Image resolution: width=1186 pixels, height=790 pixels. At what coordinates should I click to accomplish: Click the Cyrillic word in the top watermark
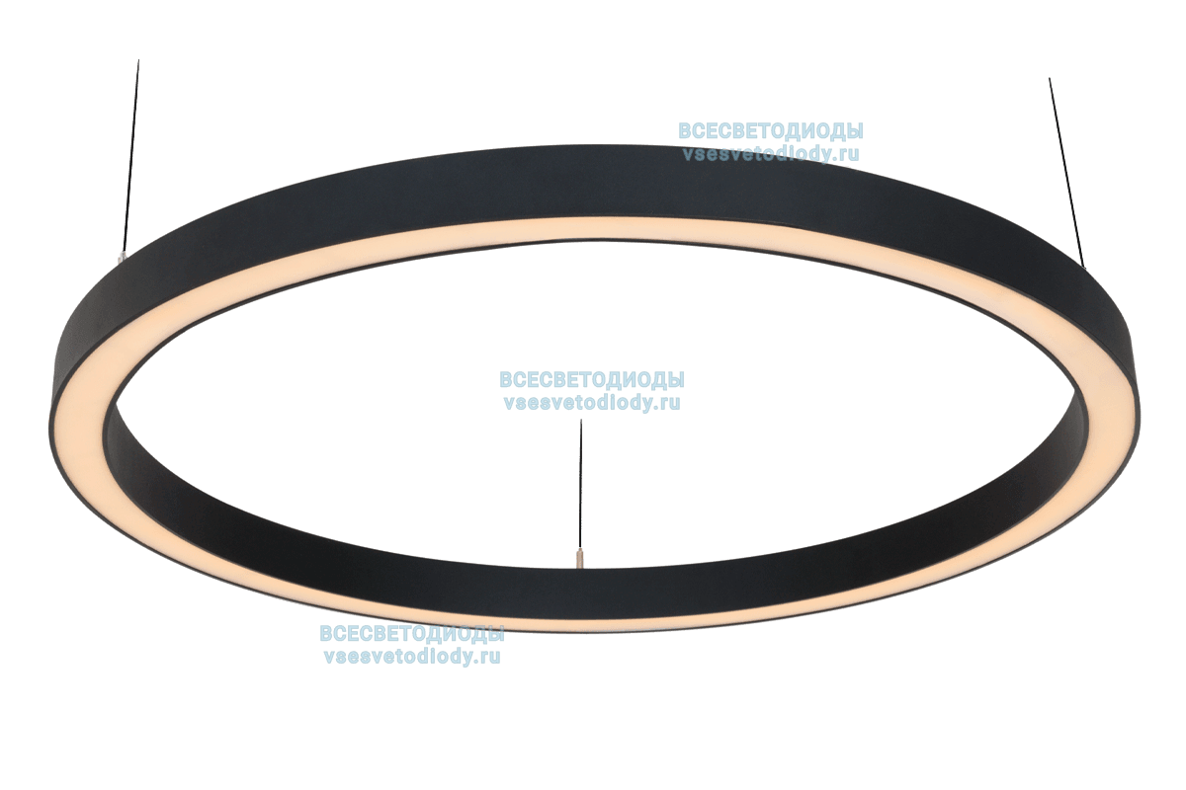click(x=770, y=131)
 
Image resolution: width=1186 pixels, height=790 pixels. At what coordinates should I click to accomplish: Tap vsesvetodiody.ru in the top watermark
click(x=770, y=154)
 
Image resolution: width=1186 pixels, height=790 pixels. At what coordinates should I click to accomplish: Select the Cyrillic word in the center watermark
click(x=592, y=380)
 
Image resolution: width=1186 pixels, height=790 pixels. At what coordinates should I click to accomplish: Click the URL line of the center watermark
click(x=592, y=403)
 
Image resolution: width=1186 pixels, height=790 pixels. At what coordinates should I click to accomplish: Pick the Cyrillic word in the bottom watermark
click(x=411, y=634)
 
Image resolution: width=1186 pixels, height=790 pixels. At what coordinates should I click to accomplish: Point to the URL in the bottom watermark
click(x=411, y=657)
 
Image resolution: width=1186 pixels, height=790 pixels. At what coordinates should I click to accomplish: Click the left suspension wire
click(x=129, y=158)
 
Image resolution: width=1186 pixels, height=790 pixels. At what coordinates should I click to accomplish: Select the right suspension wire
click(x=1066, y=173)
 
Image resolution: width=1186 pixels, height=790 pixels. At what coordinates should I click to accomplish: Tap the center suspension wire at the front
click(x=581, y=484)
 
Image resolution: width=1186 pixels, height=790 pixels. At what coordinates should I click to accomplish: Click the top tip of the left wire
click(x=138, y=63)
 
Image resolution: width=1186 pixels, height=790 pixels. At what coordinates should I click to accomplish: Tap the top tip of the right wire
click(x=1050, y=80)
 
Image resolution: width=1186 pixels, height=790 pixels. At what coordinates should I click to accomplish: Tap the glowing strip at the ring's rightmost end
click(x=1122, y=395)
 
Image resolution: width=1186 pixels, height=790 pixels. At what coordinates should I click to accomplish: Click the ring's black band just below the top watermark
click(x=771, y=183)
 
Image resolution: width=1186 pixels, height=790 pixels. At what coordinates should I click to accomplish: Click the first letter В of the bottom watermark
click(x=325, y=634)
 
